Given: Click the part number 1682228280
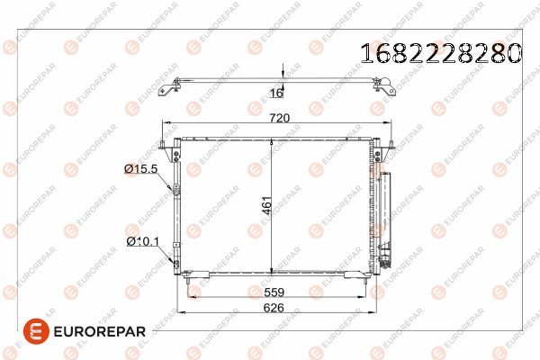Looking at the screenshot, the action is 441,53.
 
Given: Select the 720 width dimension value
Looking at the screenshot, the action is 279,118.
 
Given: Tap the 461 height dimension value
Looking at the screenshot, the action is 267,205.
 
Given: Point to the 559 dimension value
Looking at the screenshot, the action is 274,292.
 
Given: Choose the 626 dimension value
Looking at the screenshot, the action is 274,307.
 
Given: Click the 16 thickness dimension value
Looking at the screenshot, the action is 276,93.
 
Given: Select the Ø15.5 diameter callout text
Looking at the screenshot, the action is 141,168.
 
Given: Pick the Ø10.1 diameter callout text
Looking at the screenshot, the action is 142,241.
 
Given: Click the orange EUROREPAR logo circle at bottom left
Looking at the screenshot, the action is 36,331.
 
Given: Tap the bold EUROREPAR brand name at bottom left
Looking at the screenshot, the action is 100,332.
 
